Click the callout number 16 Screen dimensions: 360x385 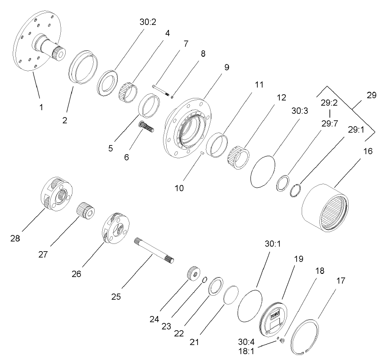(x=368, y=151)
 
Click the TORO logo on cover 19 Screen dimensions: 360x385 (x=274, y=313)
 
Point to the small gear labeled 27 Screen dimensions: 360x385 (x=86, y=211)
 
